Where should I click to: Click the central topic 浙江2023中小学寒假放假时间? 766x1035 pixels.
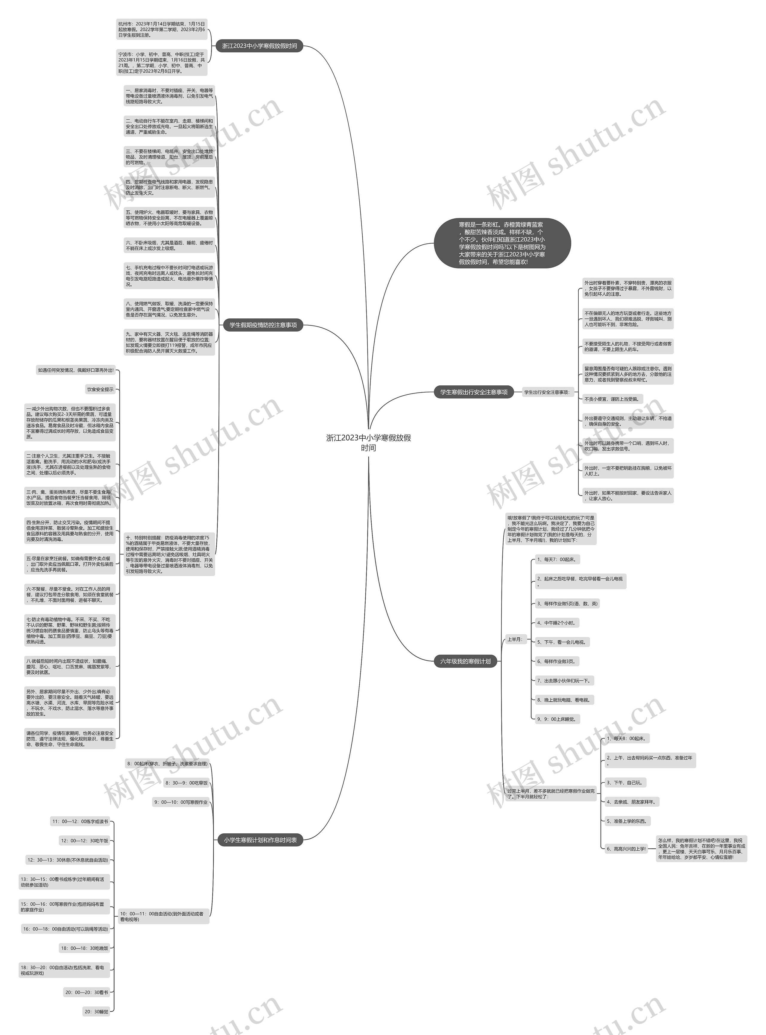tap(369, 442)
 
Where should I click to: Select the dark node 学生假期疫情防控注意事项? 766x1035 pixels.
tap(263, 325)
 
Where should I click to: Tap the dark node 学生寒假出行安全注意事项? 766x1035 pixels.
tap(473, 392)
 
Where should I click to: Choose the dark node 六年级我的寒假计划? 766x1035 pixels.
tap(465, 661)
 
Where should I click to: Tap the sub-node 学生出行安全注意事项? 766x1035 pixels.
tap(547, 392)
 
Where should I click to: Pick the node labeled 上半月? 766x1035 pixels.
tap(515, 639)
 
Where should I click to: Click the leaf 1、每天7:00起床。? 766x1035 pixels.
tap(557, 559)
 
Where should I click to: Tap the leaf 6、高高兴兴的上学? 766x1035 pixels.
tap(626, 849)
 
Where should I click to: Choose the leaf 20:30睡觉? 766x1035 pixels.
tap(96, 1011)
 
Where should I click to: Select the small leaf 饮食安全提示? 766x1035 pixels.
tap(100, 390)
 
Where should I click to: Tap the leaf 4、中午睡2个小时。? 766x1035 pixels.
tap(557, 623)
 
